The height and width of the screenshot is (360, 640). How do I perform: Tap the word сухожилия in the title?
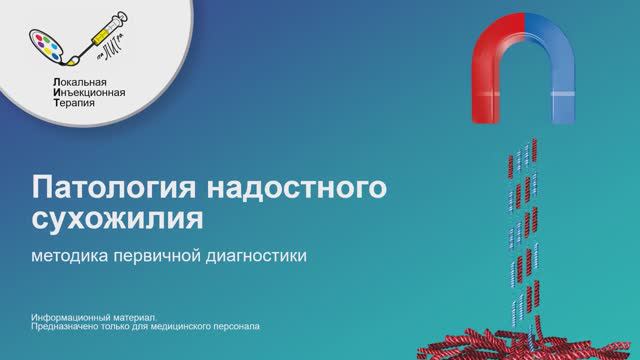tap(117, 217)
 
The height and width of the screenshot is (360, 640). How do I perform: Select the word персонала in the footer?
tap(238, 326)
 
